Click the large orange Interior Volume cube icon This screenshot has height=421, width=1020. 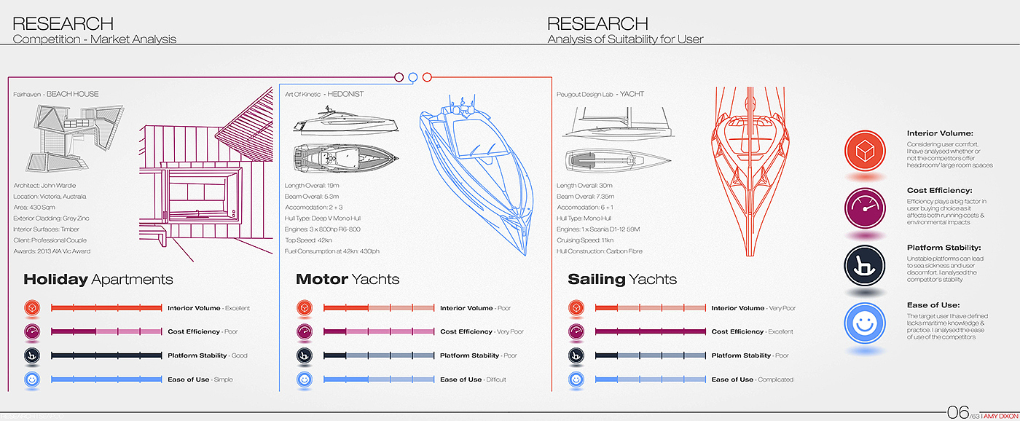pos(865,151)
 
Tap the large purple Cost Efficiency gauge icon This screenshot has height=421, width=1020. pos(865,208)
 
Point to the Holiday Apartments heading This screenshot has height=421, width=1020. pos(98,279)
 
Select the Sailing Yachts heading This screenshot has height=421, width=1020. pos(621,279)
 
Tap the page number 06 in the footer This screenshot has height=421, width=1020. pos(957,412)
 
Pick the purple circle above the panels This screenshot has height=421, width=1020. pos(399,76)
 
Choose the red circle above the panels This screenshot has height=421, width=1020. pos(428,76)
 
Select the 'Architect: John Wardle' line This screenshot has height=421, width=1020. pos(44,186)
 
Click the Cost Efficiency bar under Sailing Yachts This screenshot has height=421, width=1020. pos(651,332)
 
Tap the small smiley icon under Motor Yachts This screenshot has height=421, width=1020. pos(305,379)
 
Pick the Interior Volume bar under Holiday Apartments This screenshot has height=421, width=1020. pos(106,308)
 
